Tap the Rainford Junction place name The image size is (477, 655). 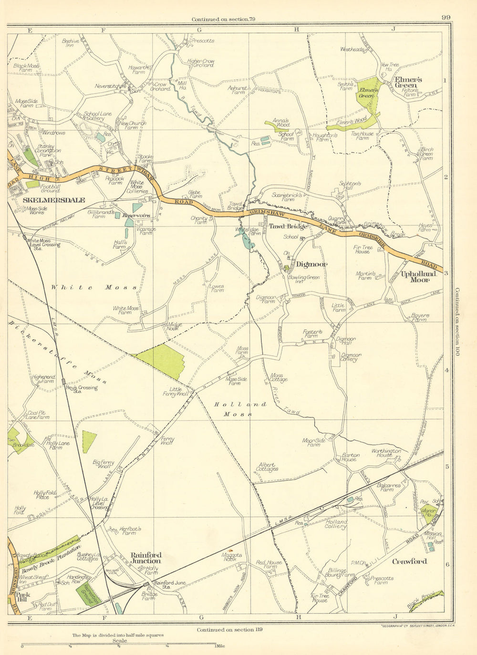[x=146, y=558]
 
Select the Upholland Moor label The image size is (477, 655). [x=418, y=277]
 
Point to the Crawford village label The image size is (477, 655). [x=409, y=561]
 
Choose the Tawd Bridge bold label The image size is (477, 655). [x=288, y=226]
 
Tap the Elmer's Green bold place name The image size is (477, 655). [x=405, y=82]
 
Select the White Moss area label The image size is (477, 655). [x=94, y=288]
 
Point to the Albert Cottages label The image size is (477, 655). [x=268, y=467]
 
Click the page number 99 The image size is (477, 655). [x=446, y=18]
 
